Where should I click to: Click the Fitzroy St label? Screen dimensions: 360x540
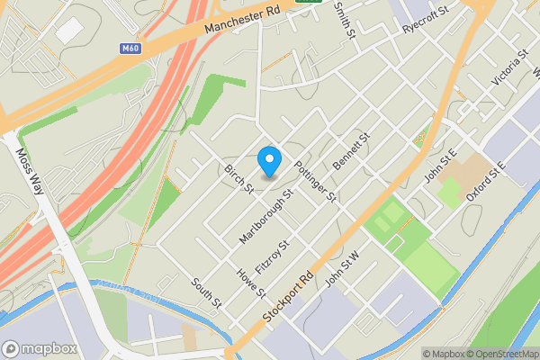pyautogui.click(x=272, y=257)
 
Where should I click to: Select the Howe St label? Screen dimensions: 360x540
pyautogui.click(x=250, y=282)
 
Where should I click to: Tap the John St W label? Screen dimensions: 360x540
pyautogui.click(x=343, y=271)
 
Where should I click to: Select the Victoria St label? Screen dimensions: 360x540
pyautogui.click(x=509, y=69)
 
